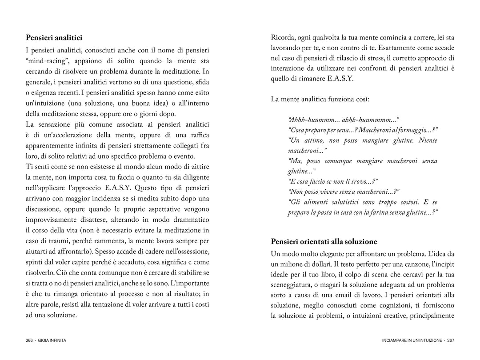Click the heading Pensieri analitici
pyautogui.click(x=54, y=38)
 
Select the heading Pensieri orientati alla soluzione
pyautogui.click(x=324, y=242)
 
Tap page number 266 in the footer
pyautogui.click(x=30, y=340)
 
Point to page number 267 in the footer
pyautogui.click(x=450, y=340)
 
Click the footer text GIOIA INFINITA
pyautogui.click(x=52, y=340)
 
